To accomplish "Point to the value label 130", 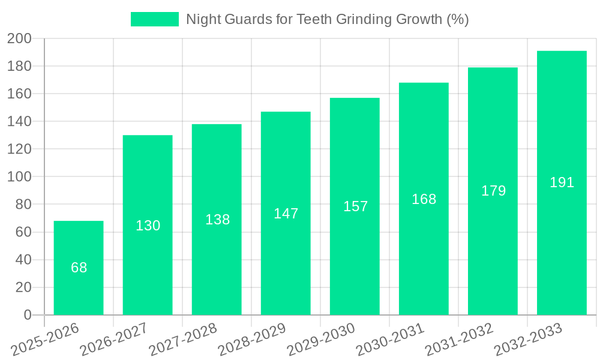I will (148, 226).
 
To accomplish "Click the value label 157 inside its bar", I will (355, 206).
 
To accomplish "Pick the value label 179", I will (493, 191).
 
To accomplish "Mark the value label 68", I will (79, 268).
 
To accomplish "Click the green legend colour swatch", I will (155, 19).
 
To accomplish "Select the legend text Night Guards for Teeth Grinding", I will (327, 19).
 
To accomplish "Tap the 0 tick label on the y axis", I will (27, 315).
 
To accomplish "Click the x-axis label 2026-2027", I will (114, 340).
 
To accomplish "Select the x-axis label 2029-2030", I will (321, 340).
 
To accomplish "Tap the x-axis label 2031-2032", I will (459, 340).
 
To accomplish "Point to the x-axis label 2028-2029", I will (252, 340).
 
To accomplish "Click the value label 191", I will (562, 182).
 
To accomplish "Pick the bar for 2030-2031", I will (424, 252).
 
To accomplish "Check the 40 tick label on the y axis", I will (23, 260).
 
